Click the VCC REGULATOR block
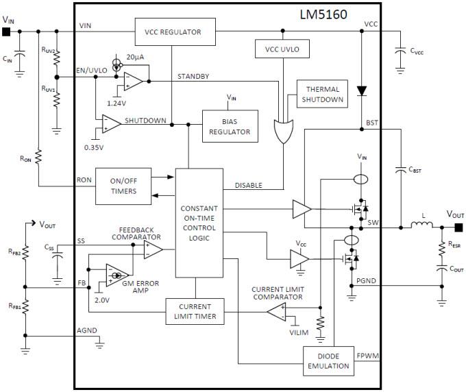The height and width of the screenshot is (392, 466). [x=173, y=32]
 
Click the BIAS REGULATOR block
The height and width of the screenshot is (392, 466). [x=230, y=126]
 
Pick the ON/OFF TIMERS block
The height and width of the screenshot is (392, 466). [x=123, y=186]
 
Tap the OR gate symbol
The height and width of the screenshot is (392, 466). [x=282, y=130]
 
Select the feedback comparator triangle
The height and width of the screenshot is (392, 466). [x=152, y=250]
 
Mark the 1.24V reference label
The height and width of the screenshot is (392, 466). [x=116, y=102]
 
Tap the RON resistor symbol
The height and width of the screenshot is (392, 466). [x=38, y=157]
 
